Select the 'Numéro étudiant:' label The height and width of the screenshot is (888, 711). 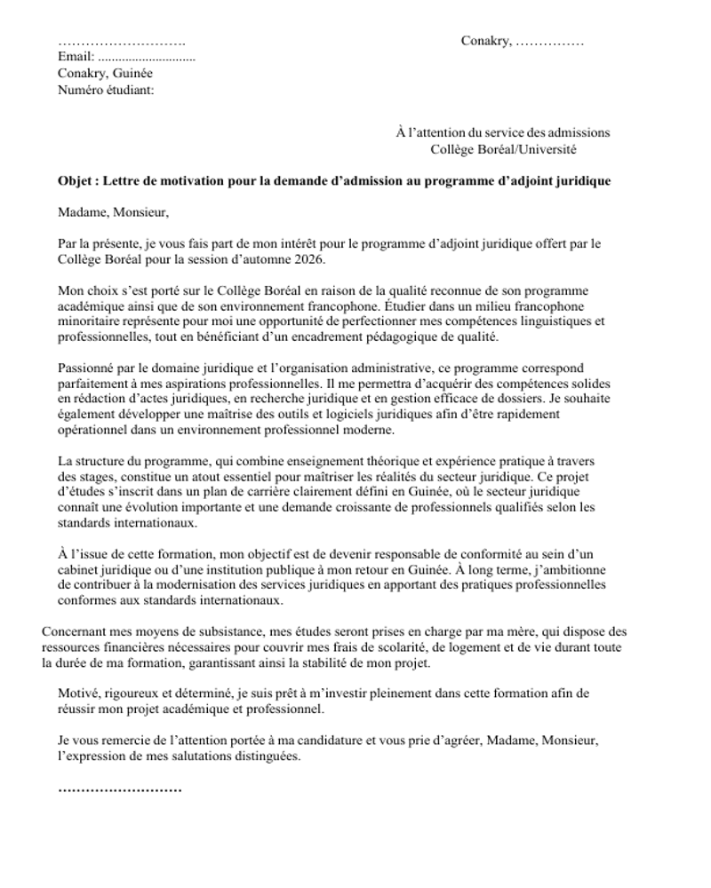tap(106, 90)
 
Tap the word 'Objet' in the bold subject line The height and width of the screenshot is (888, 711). tap(76, 181)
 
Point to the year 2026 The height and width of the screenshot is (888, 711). tap(311, 259)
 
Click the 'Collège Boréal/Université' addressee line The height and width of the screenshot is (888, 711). tap(503, 149)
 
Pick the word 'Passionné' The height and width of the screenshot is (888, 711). tap(86, 368)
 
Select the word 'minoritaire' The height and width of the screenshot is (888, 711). tap(91, 321)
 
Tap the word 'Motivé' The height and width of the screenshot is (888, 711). tap(78, 694)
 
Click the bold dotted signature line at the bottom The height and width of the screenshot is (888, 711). tap(120, 789)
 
